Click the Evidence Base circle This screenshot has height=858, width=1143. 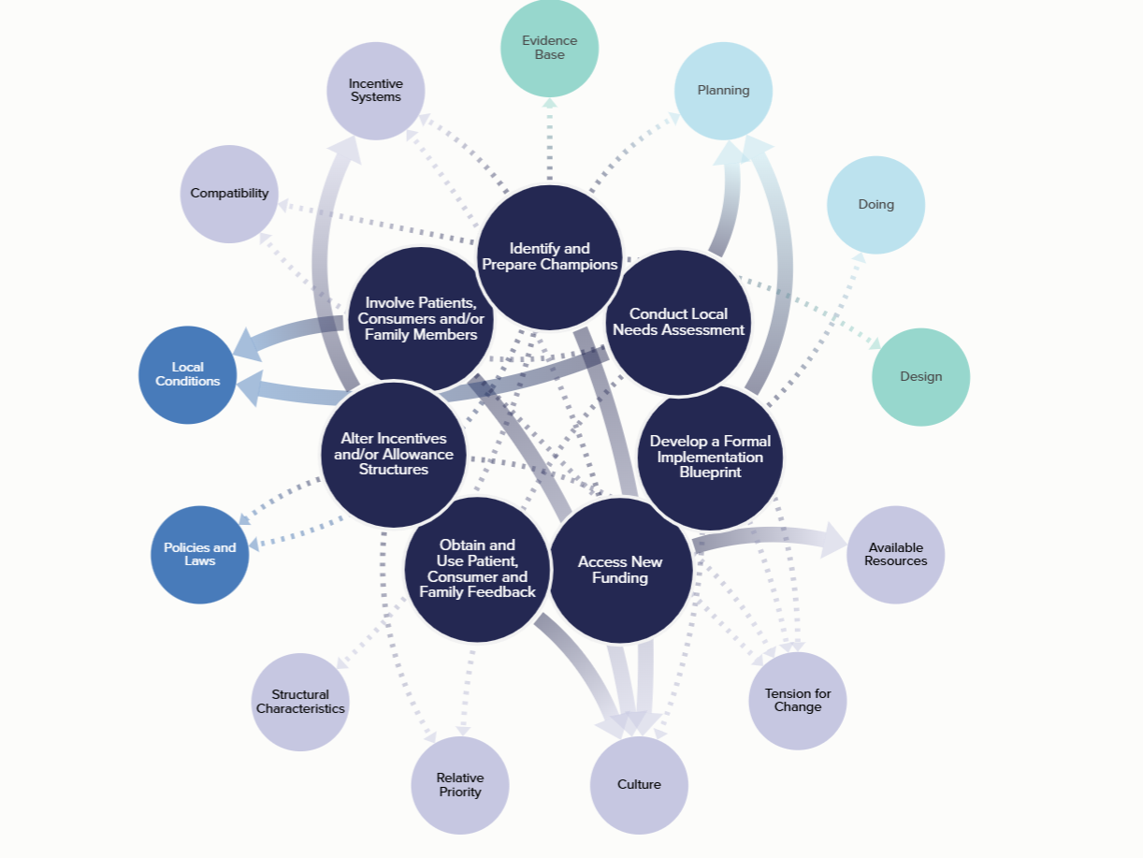(x=549, y=48)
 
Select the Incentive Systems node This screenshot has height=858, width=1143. (x=375, y=91)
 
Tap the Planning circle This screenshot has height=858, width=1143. (x=723, y=91)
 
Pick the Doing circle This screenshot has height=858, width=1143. (x=875, y=205)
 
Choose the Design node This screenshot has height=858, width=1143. (x=920, y=377)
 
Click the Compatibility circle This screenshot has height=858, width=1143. (x=229, y=194)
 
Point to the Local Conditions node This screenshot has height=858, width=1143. (x=187, y=374)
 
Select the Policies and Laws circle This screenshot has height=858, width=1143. (x=200, y=555)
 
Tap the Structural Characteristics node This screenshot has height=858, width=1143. (x=300, y=702)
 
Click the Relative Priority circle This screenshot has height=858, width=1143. (x=460, y=785)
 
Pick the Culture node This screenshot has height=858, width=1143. (x=639, y=785)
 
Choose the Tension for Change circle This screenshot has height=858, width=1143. (x=798, y=701)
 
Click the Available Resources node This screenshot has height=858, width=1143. (x=895, y=555)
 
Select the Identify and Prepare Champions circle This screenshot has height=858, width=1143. (x=549, y=256)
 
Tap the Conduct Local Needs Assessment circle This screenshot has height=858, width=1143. (x=678, y=322)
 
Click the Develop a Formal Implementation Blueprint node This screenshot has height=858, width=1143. (x=711, y=457)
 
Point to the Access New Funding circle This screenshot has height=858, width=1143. (x=620, y=570)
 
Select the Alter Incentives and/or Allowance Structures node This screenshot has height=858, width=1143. (x=393, y=454)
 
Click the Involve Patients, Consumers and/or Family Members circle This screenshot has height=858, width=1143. (x=421, y=318)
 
